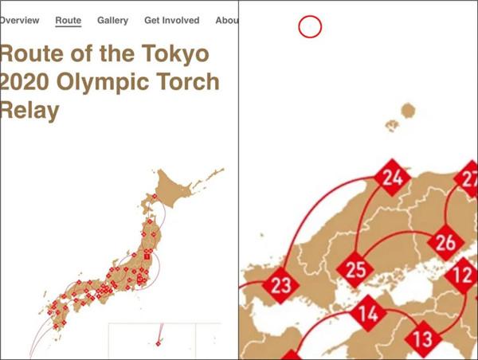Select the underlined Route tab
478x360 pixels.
(69, 20)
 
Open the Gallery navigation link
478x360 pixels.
(112, 20)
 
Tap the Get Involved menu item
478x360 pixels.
(171, 20)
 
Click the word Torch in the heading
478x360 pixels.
(189, 84)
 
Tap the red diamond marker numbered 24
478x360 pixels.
(391, 178)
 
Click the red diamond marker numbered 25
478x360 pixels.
(355, 269)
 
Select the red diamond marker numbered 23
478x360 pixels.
(281, 284)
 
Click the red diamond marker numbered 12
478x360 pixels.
(464, 276)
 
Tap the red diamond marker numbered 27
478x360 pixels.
(468, 178)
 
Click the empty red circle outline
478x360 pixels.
(310, 28)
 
